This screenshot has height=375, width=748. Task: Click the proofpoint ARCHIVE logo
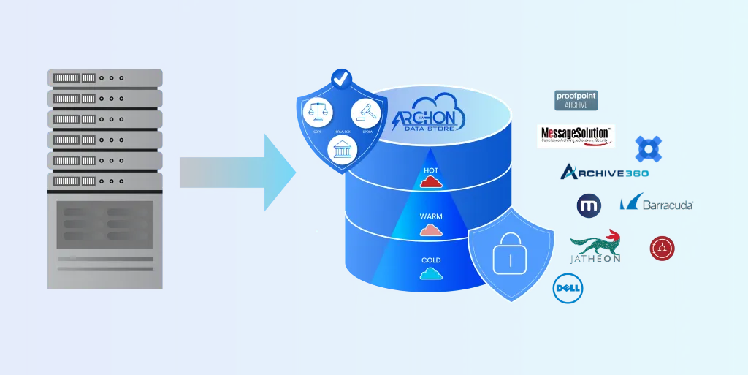576,100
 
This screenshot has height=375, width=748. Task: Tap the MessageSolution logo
576,136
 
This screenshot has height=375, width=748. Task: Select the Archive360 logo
603,173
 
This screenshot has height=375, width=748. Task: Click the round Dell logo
568,288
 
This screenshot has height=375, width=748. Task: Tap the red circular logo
662,249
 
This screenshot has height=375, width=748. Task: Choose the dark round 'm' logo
589,206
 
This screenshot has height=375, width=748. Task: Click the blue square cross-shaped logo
648,149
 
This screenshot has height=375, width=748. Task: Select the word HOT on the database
431,171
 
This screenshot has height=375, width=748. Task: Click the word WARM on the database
431,217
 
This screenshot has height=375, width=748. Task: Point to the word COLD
431,260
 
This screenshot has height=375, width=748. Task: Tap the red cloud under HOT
431,183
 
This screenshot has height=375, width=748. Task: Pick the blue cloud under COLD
431,274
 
